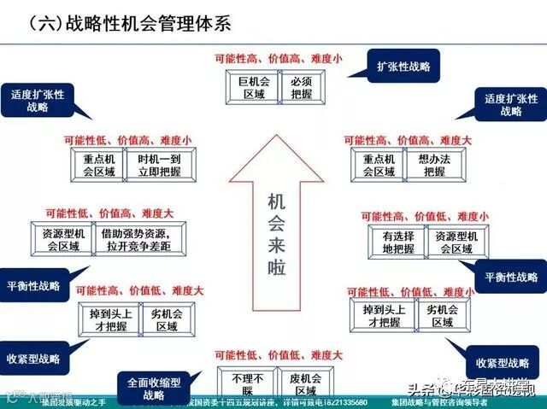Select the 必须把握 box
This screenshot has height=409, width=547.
302,88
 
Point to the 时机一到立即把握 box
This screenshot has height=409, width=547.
157,165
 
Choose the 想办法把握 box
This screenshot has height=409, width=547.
432,165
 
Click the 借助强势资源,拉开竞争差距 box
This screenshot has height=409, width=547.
142,240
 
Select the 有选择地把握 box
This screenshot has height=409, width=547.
397,242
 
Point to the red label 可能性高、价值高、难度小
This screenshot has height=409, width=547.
277,57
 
